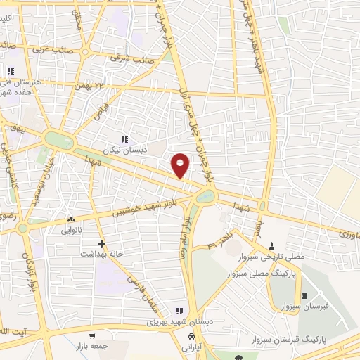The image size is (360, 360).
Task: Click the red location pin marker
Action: (x=181, y=165)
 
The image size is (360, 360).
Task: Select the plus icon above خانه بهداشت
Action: (x=102, y=243)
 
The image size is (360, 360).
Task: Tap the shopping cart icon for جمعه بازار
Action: (x=91, y=335)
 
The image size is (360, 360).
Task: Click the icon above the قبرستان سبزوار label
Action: (x=304, y=295)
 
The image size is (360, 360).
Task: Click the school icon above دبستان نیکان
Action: (x=125, y=139)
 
